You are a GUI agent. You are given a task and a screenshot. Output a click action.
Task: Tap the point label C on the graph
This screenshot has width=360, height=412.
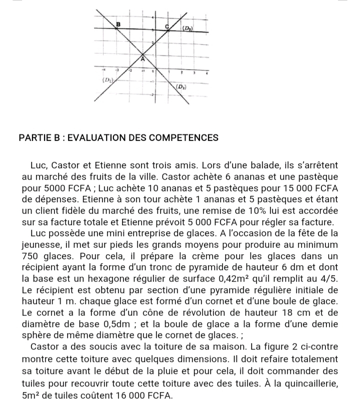(x=167, y=25)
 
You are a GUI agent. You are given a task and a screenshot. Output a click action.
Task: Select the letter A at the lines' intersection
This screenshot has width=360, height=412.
(x=142, y=58)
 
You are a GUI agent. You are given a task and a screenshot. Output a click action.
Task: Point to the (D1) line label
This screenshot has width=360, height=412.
(x=107, y=80)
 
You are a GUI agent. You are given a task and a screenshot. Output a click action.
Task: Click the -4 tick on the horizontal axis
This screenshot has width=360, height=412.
(x=104, y=70)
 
